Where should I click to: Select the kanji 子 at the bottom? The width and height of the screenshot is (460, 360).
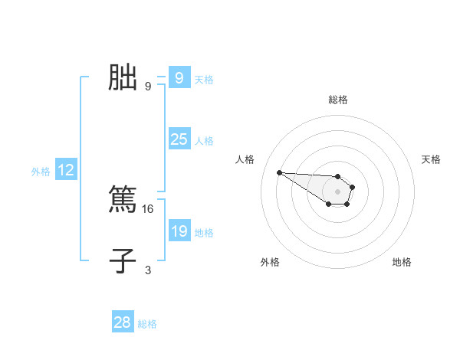[123, 260]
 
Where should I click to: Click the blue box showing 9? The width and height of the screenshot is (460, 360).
[179, 78]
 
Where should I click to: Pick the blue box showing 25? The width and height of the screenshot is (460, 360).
[179, 139]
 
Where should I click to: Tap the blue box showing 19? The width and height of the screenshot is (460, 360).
[179, 231]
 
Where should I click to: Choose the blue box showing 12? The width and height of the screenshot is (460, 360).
[66, 170]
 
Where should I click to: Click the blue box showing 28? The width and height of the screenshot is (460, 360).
[123, 322]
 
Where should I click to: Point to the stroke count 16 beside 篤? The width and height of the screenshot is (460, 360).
[149, 208]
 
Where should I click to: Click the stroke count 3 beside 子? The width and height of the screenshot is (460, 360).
[148, 270]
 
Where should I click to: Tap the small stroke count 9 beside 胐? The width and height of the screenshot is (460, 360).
[148, 86]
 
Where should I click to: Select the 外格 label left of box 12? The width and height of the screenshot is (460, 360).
[41, 172]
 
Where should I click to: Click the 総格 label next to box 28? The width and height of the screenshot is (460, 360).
[147, 324]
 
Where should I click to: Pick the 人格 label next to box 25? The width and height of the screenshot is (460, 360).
[204, 141]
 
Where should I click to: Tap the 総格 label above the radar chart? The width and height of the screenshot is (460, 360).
[338, 100]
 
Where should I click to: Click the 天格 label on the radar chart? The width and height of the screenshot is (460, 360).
[432, 159]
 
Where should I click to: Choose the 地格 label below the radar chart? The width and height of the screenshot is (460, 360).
[402, 262]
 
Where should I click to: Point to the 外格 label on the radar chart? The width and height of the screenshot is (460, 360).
[270, 262]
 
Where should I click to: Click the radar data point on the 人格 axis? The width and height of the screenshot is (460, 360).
[279, 172]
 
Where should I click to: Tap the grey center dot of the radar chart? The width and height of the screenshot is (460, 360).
[337, 191]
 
